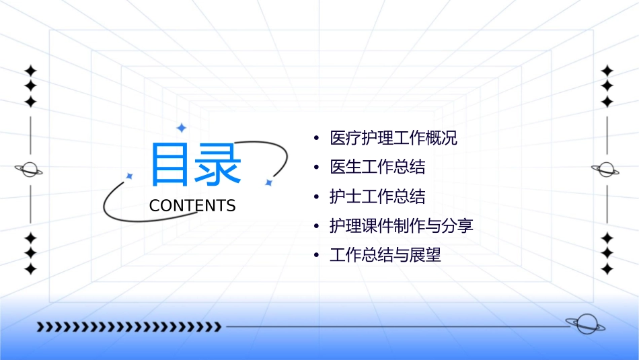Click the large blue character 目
point(167,164)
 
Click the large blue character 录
point(217,164)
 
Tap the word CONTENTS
point(192,206)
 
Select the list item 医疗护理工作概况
point(393,139)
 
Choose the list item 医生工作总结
point(377,167)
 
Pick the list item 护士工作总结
point(377,196)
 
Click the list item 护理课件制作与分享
point(402,226)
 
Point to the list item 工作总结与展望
point(385,256)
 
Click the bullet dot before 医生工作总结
point(316,168)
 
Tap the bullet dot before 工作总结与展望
point(316,256)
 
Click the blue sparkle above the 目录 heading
point(181,128)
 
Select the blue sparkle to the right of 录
point(268,182)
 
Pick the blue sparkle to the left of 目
point(130,176)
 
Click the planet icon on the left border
point(30,170)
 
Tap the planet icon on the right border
point(607,170)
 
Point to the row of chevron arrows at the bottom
point(128,327)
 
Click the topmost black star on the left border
point(30,71)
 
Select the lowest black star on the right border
point(607,269)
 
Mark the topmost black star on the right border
point(607,71)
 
